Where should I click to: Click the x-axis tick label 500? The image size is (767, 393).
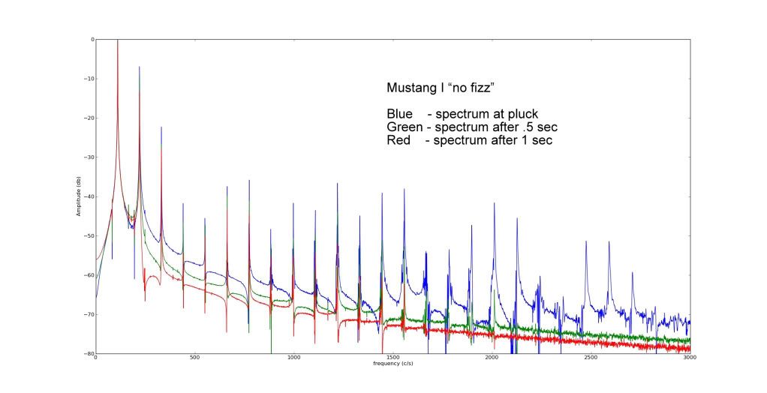[194, 358]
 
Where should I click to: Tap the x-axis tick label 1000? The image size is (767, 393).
[293, 358]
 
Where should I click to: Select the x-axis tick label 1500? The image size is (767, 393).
[393, 358]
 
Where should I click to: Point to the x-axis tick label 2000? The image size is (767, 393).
[492, 358]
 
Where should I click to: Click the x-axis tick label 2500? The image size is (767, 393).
[591, 358]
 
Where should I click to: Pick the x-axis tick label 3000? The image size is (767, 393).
[690, 358]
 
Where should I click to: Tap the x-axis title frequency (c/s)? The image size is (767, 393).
[393, 364]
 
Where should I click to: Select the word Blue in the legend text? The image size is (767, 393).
[399, 114]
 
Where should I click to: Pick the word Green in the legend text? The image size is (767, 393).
[405, 127]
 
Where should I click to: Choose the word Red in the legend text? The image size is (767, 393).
[398, 139]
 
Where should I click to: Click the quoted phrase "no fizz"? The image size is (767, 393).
[473, 88]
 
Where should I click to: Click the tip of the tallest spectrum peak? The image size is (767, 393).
[118, 40]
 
